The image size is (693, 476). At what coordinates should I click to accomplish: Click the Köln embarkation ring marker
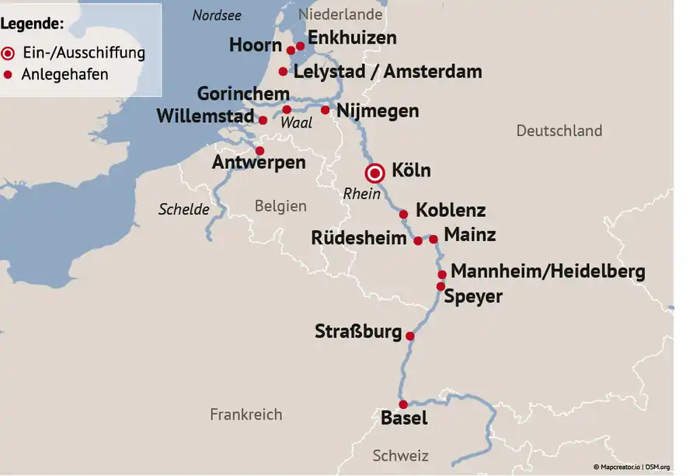click(376, 173)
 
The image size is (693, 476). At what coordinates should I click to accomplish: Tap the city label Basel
click(404, 418)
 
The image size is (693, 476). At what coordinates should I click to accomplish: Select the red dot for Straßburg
click(410, 336)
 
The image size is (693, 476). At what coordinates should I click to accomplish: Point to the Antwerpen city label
click(259, 163)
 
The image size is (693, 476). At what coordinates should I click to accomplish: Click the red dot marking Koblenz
click(403, 214)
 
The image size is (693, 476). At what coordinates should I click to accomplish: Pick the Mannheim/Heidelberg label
click(548, 271)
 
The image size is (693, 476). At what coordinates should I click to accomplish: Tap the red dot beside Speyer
click(441, 286)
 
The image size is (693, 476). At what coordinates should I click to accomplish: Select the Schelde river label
click(184, 209)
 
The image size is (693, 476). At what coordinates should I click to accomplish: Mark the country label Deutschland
click(559, 131)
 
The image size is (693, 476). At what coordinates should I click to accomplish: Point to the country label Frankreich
click(246, 415)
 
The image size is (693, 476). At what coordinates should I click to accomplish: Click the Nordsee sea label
click(217, 16)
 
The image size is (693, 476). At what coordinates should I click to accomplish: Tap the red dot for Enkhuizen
click(301, 46)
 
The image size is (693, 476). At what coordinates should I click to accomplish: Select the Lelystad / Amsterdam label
click(388, 72)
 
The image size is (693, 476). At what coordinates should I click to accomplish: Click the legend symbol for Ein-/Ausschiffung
click(9, 54)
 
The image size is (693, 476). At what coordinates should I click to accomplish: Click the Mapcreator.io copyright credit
click(620, 467)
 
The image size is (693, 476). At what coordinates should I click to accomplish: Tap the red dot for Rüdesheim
click(418, 240)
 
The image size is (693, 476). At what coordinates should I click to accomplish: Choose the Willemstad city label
click(205, 117)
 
